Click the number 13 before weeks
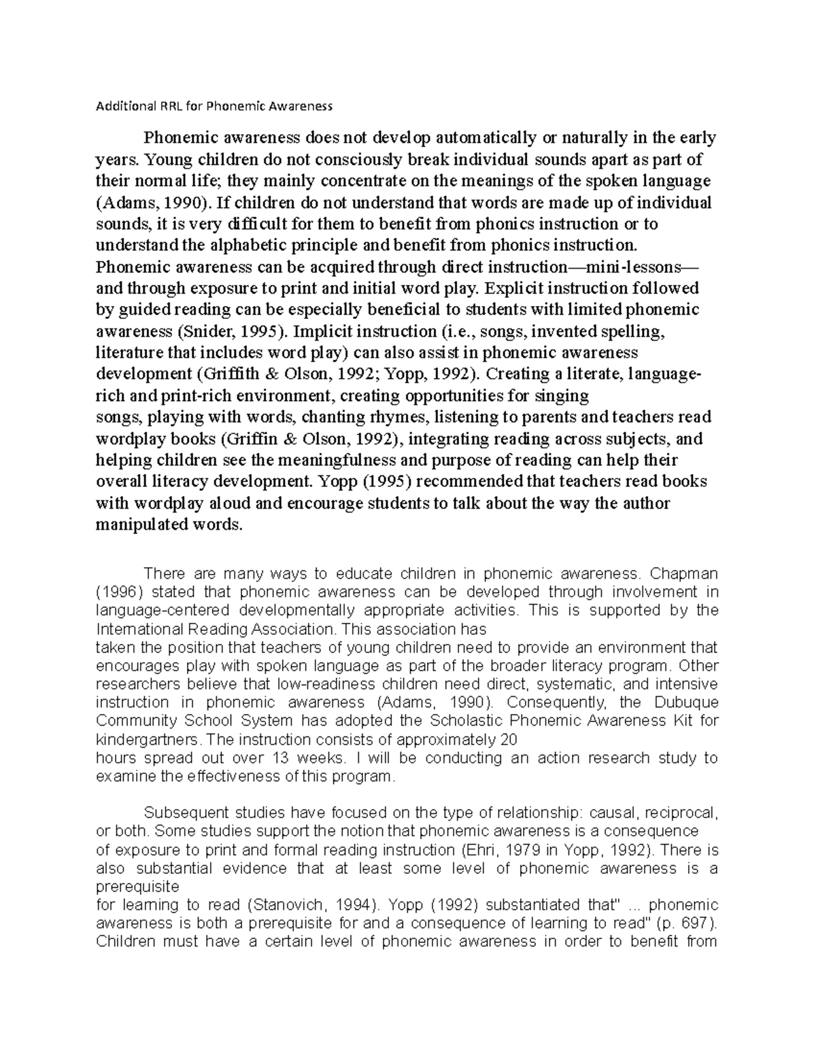click(279, 757)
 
